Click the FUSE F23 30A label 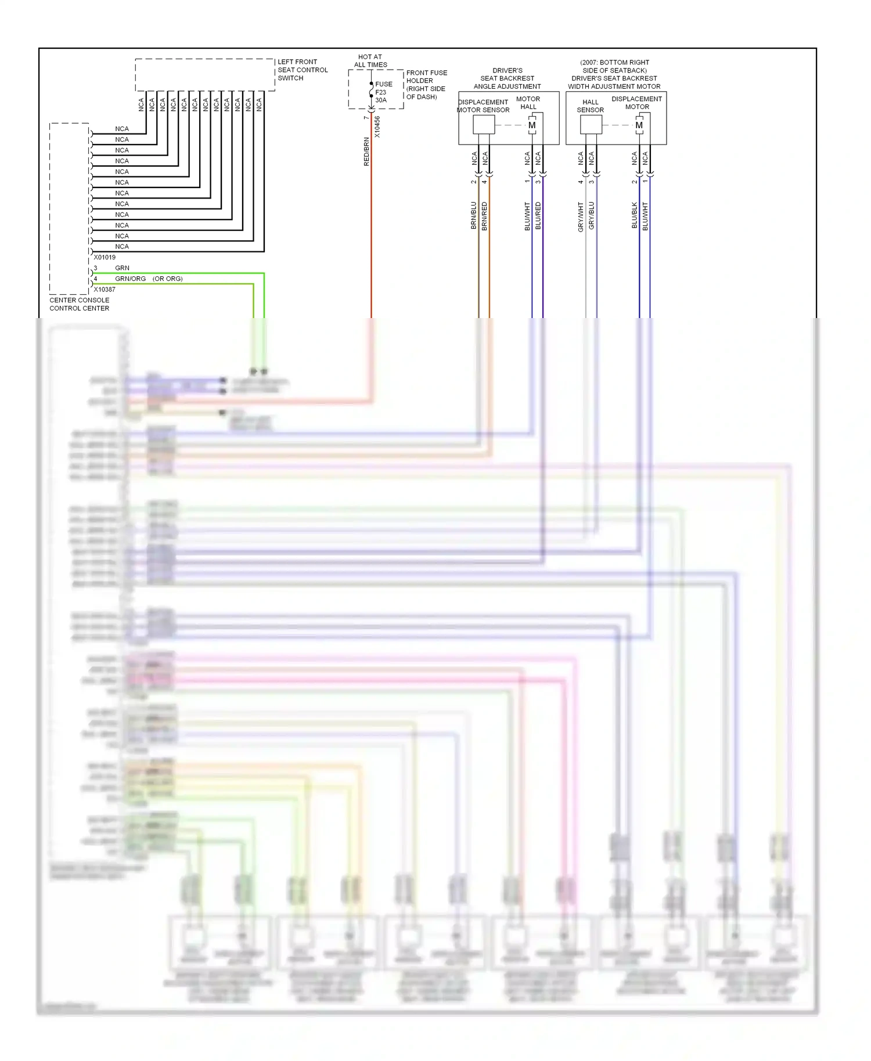click(x=383, y=92)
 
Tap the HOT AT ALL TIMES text click(x=370, y=61)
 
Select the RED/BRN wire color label click(x=366, y=151)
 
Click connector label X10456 click(x=377, y=127)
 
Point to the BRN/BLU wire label click(x=474, y=215)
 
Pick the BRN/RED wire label click(x=485, y=216)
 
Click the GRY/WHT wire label click(x=581, y=217)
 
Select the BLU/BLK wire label click(x=635, y=215)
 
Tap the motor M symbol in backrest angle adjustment click(x=532, y=125)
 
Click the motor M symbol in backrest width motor click(x=639, y=125)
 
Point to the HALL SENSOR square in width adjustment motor click(x=591, y=125)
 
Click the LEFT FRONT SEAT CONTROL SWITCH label click(x=302, y=70)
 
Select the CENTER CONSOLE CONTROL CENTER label click(x=79, y=304)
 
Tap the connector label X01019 click(x=105, y=257)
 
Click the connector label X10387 click(x=105, y=289)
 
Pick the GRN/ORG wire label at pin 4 click(x=130, y=279)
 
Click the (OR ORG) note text click(x=167, y=279)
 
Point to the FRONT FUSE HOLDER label click(x=426, y=85)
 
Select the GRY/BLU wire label click(x=592, y=216)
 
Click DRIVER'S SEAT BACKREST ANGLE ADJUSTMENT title click(x=507, y=78)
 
